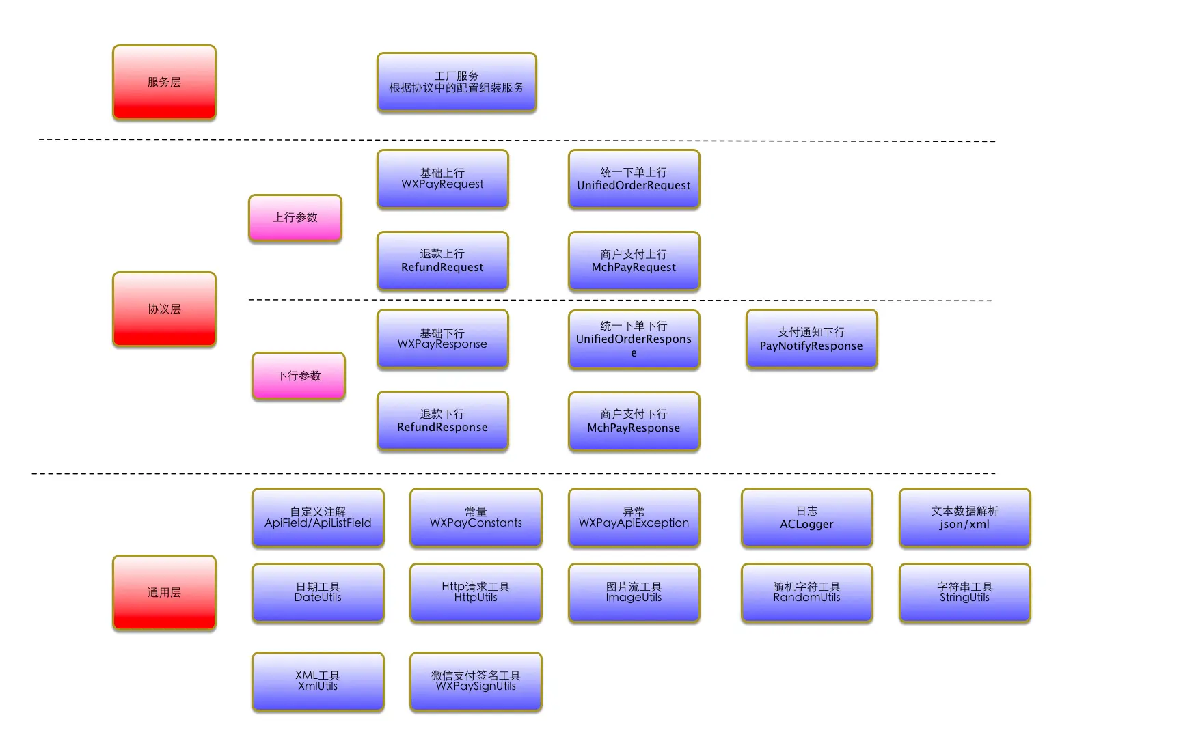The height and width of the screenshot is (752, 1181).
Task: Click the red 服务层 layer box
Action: coord(164,83)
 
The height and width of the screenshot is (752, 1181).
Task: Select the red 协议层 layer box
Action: coord(164,309)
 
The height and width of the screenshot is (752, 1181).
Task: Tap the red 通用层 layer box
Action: coord(164,593)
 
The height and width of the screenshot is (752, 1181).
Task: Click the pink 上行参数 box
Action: coord(295,218)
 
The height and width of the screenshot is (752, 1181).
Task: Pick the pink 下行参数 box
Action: coord(299,376)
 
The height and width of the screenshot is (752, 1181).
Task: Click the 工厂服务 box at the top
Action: coord(457,82)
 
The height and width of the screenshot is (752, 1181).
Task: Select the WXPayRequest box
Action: coord(442,179)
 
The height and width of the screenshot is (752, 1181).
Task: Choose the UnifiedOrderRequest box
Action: coord(634,179)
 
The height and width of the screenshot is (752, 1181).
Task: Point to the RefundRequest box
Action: coord(442,261)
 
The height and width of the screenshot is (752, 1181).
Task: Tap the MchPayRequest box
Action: coord(634,261)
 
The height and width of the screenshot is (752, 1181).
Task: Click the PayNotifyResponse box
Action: coord(811,339)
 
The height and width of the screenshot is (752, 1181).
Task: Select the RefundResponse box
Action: coord(442,421)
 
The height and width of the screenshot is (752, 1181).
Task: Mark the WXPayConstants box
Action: coord(476,518)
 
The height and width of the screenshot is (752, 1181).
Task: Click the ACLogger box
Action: coord(806,518)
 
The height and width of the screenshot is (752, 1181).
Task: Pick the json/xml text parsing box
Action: coord(964,518)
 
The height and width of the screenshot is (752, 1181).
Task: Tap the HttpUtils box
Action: coord(476,593)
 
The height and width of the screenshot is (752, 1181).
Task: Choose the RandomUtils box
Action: coord(806,593)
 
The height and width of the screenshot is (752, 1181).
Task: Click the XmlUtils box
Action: coord(318,682)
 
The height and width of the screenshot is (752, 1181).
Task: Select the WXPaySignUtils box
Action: coord(476,682)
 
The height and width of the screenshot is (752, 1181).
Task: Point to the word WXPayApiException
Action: coord(634,523)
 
